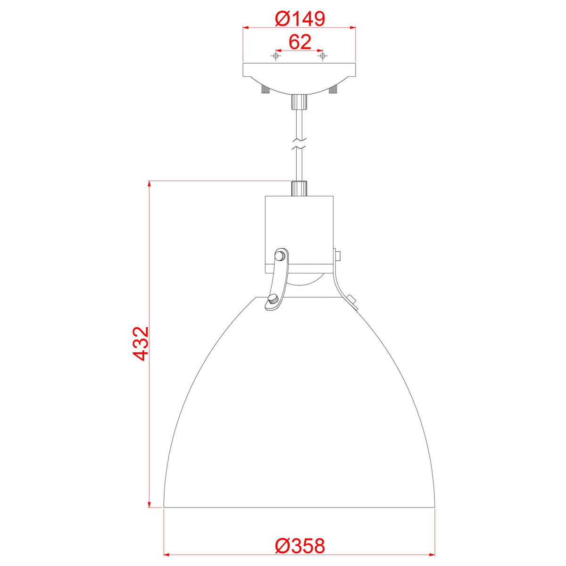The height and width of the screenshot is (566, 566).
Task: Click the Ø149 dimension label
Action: coord(300,18)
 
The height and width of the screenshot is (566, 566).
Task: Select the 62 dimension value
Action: coord(300,42)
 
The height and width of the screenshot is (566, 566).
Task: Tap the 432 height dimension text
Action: coord(141,343)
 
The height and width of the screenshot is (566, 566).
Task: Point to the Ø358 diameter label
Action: coord(300,546)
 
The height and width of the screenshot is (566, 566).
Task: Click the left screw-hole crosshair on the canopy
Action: coord(276,56)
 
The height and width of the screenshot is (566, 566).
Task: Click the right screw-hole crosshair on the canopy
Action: coord(323,56)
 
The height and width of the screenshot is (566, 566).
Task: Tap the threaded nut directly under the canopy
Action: coord(299,100)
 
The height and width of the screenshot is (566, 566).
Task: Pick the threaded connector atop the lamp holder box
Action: coord(299,188)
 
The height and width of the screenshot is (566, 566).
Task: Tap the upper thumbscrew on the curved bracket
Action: coord(280,256)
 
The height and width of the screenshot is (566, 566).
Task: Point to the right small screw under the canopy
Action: coord(334,90)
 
